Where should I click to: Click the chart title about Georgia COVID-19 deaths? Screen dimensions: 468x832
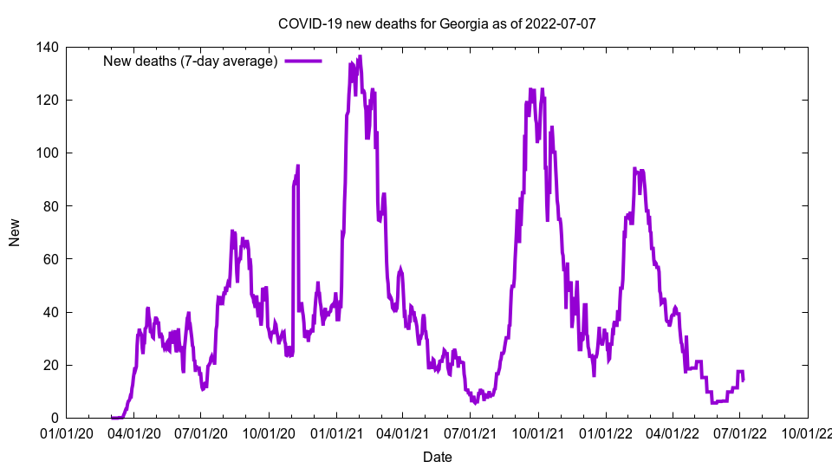click(436, 23)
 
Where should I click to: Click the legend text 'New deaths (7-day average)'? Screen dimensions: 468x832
click(190, 61)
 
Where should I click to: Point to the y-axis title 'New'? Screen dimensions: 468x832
click(15, 232)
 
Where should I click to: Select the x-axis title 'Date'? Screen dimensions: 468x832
click(437, 457)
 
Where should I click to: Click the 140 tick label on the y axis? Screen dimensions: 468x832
click(48, 47)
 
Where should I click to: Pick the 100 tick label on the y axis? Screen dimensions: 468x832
click(48, 153)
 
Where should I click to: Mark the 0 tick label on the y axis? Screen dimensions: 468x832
click(55, 418)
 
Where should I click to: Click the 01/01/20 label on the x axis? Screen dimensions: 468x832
click(66, 432)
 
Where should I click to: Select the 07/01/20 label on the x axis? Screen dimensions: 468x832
click(200, 432)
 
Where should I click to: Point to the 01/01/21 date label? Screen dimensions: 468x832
click(336, 432)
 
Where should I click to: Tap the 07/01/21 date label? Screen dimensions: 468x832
click(471, 432)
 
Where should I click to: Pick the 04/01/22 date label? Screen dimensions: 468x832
click(673, 432)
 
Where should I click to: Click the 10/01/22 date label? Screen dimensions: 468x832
click(808, 432)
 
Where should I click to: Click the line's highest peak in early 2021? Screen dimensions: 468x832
click(360, 56)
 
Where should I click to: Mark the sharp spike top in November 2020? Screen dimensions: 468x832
click(297, 166)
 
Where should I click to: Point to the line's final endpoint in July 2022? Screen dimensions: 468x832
click(743, 380)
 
